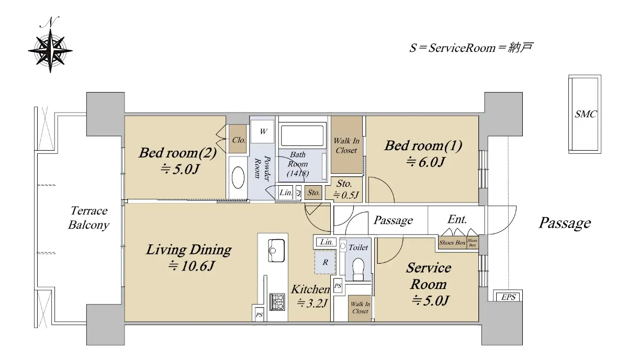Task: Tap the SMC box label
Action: (586, 114)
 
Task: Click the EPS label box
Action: (508, 297)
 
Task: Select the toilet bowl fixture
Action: (358, 269)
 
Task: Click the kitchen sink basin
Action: (276, 250)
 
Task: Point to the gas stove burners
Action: (277, 302)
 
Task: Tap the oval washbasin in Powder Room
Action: (238, 178)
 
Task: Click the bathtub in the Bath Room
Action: (302, 135)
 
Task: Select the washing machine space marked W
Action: (262, 131)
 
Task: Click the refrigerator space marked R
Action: (325, 263)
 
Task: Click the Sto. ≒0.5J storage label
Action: (345, 189)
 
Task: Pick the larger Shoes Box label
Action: (452, 243)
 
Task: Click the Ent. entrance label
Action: (457, 219)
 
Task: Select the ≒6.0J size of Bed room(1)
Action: (425, 162)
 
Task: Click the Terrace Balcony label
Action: (88, 218)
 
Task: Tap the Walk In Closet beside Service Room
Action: (360, 308)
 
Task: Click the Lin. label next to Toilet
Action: (326, 242)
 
